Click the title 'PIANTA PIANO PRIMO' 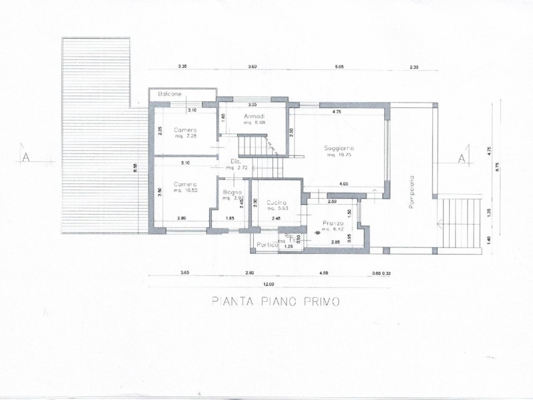276,301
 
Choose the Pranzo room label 332,223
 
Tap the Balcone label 170,95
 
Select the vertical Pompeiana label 412,193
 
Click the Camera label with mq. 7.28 185,129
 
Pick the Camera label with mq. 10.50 185,185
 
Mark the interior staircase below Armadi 254,145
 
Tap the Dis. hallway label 235,162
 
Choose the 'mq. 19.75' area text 339,155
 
